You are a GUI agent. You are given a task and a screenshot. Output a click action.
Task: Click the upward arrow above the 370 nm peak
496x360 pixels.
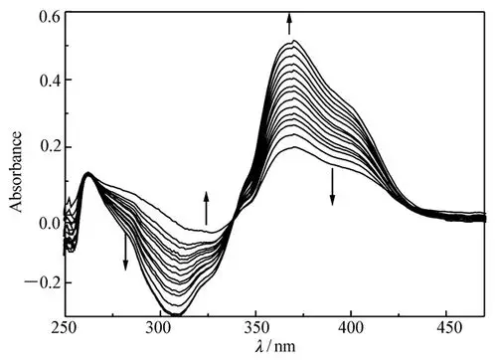point(290,23)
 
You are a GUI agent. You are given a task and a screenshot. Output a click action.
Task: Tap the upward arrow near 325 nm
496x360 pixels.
point(207,207)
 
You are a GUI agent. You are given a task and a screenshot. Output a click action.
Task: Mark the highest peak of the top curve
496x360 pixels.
point(292,42)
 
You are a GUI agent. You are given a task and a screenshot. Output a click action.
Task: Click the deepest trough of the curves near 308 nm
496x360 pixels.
point(175,314)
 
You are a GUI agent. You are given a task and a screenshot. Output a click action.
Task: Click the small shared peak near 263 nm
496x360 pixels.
point(88,174)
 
